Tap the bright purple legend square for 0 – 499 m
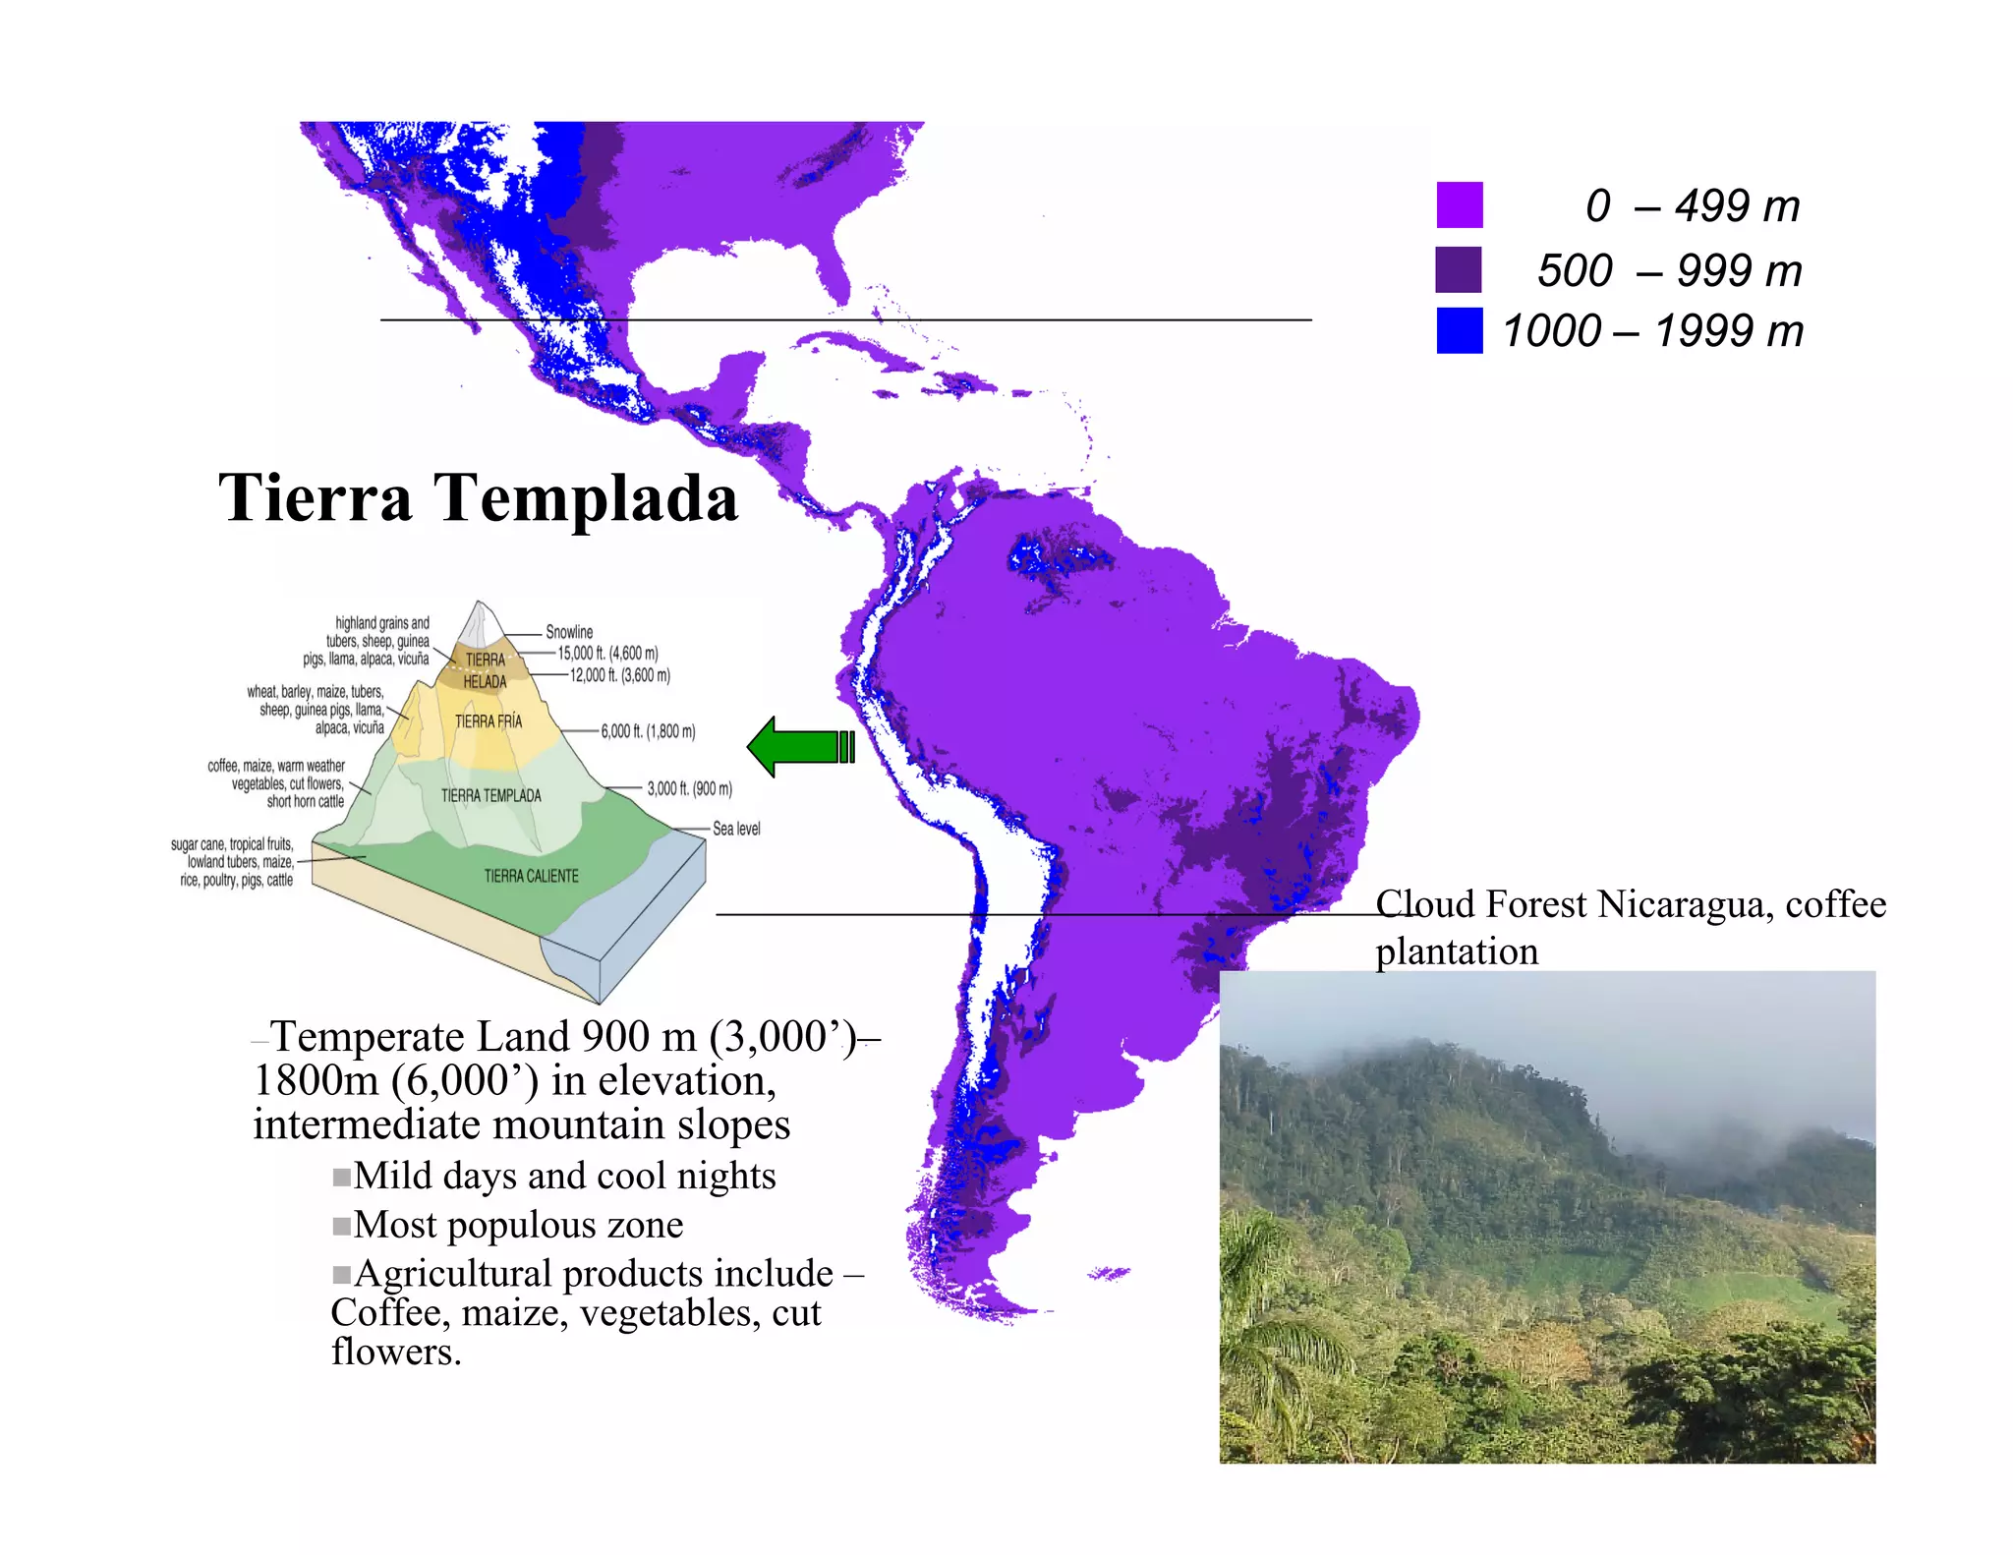[1459, 204]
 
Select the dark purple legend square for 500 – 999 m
[1459, 269]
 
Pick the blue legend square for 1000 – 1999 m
[1459, 330]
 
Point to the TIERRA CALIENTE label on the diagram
[531, 876]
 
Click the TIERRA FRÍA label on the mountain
[489, 721]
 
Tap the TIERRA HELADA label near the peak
[485, 670]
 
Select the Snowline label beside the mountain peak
[569, 632]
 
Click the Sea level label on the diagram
[736, 829]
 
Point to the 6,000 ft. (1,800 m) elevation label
[648, 731]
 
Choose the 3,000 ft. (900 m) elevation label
[689, 788]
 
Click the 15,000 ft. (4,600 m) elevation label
[607, 653]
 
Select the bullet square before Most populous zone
[341, 1226]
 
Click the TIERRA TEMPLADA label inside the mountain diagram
[490, 795]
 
